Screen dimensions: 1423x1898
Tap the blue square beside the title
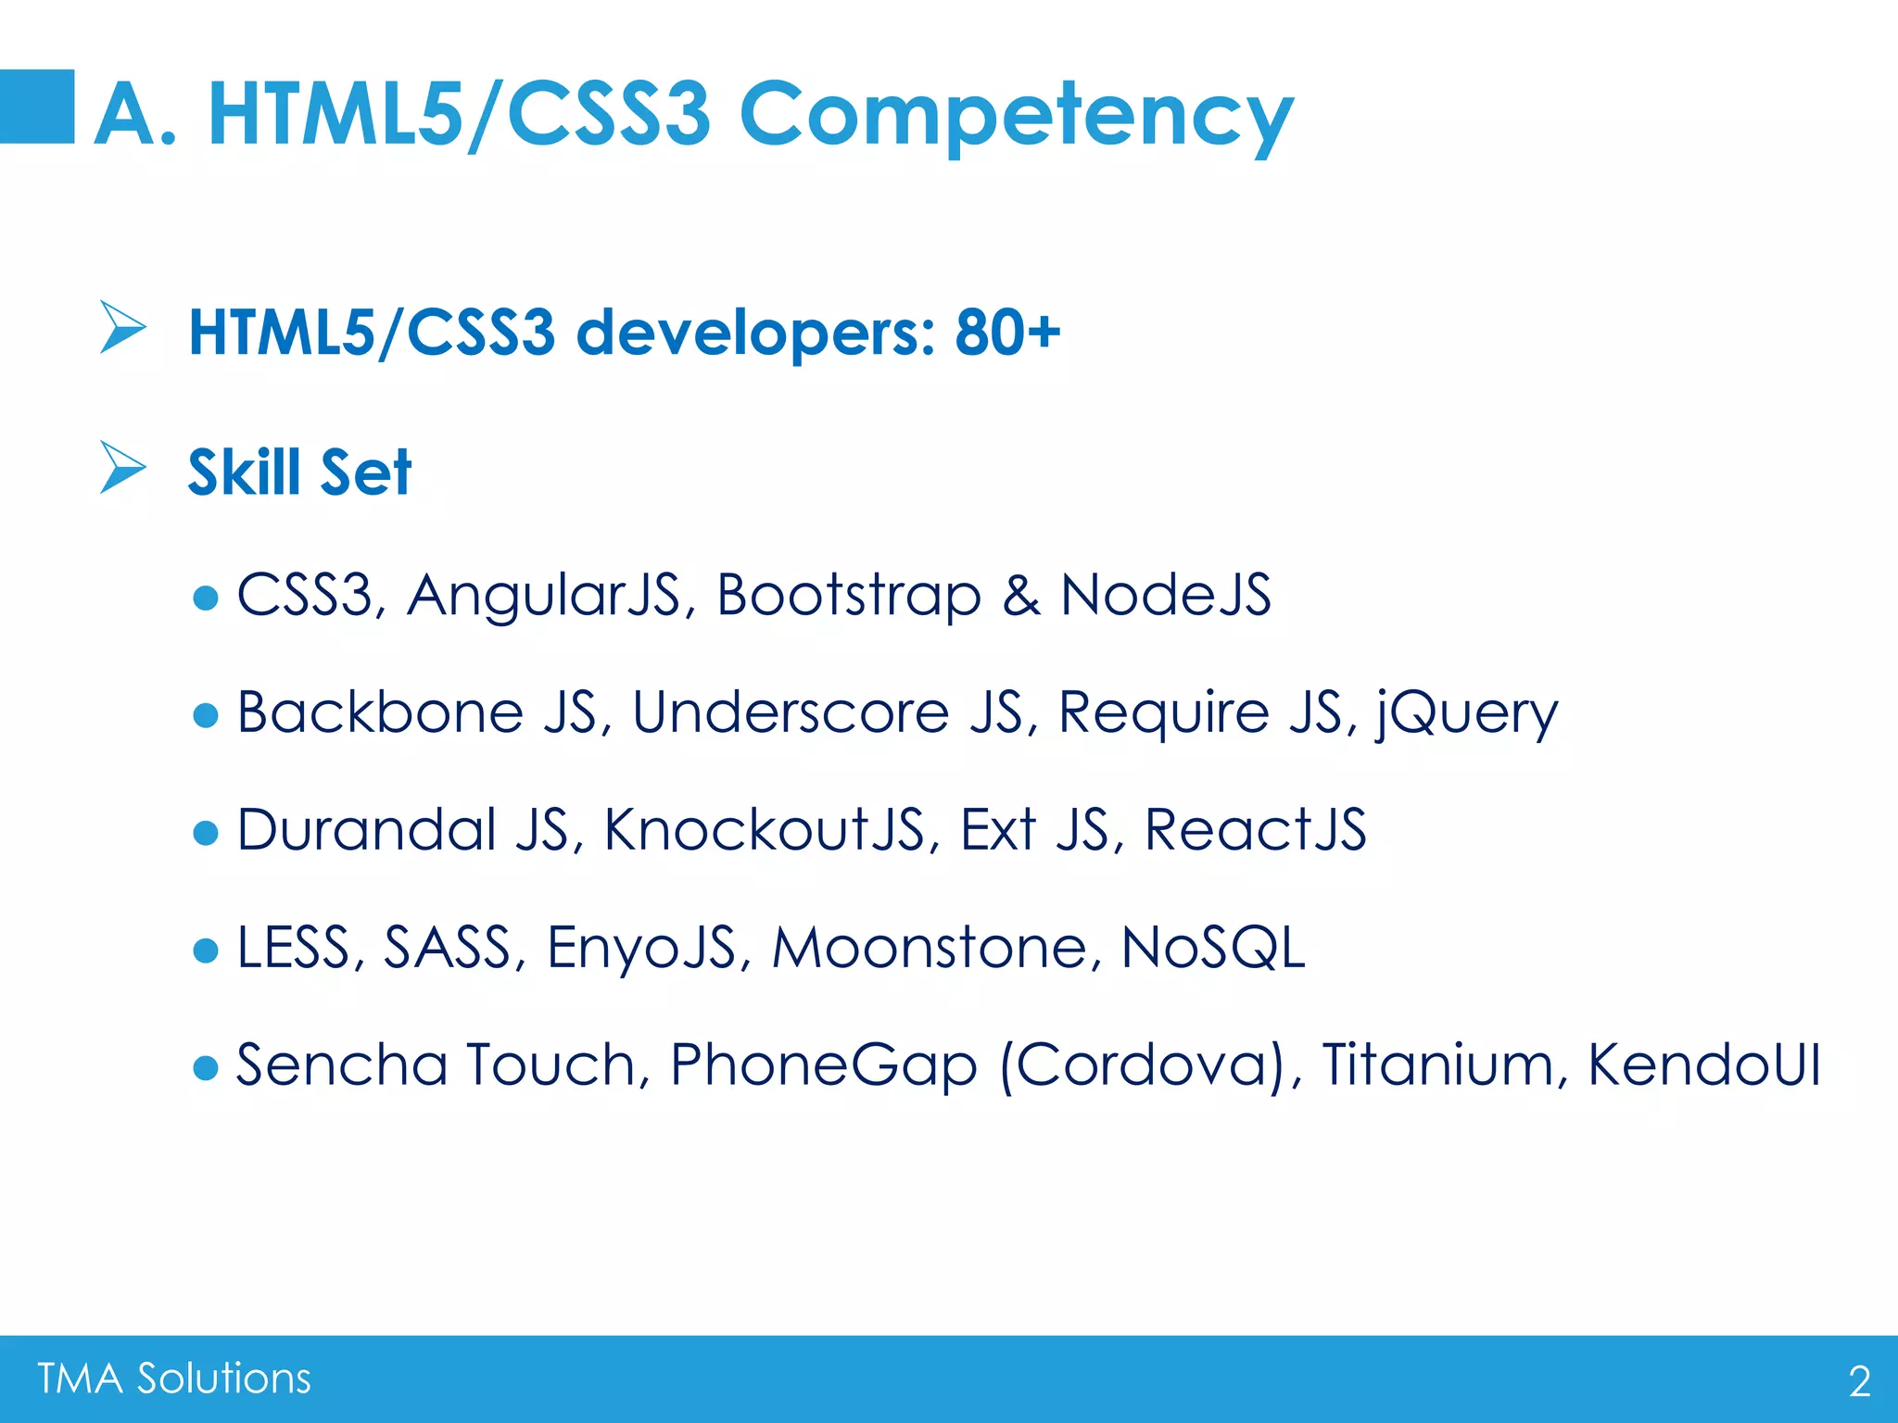point(37,107)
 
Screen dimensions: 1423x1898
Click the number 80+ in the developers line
point(1007,332)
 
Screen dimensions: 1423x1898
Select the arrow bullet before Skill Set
point(122,467)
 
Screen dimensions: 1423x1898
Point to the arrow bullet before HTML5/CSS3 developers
point(122,327)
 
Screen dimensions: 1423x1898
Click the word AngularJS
point(544,595)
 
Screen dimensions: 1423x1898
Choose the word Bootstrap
point(848,595)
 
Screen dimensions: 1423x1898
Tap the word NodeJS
point(1165,595)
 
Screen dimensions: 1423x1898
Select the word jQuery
point(1466,713)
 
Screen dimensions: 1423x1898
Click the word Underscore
point(791,712)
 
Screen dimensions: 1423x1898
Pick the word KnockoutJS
point(764,829)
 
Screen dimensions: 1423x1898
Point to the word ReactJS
point(1255,829)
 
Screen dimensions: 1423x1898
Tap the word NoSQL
point(1212,947)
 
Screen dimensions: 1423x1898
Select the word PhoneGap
point(823,1065)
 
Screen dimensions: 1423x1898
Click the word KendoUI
point(1703,1064)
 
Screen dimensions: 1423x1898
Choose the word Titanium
point(1436,1064)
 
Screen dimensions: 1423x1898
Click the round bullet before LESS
point(206,950)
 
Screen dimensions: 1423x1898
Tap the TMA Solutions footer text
point(174,1379)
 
